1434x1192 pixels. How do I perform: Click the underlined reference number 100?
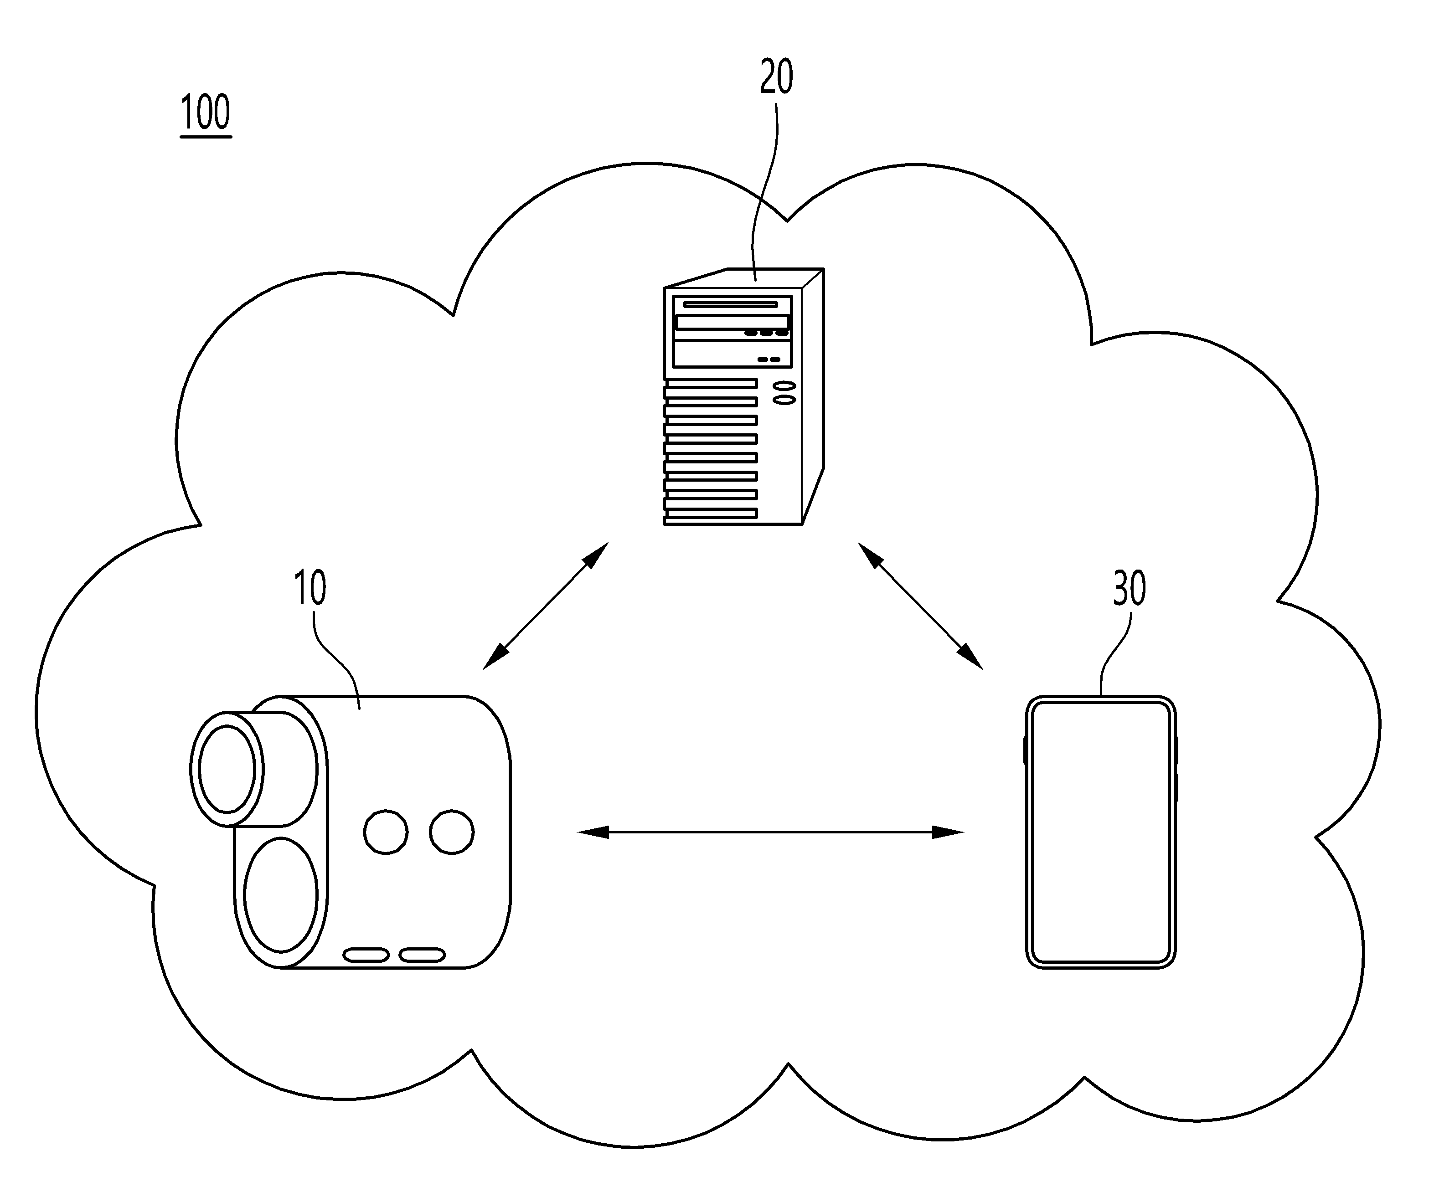[x=206, y=113]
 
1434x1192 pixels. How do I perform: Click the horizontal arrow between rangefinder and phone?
[x=770, y=832]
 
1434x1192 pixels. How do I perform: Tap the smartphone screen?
[x=1101, y=832]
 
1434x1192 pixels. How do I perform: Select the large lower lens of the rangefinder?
[x=281, y=894]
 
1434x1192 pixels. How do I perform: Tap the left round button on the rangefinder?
[x=386, y=832]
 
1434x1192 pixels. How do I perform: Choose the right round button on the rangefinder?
[x=452, y=832]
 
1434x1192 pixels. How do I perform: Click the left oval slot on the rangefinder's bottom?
[x=366, y=955]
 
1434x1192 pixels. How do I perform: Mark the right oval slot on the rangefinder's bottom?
[x=423, y=955]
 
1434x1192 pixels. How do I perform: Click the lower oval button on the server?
[x=784, y=400]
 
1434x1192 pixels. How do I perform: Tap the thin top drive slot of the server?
[x=731, y=304]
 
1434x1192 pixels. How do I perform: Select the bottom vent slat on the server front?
[x=710, y=513]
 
